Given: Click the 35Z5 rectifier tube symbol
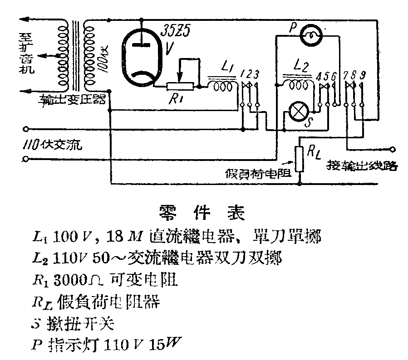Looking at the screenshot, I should [x=141, y=57].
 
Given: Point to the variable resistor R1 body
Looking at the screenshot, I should [x=180, y=87].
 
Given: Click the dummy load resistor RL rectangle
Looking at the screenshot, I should [x=299, y=159].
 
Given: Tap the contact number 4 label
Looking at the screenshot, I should [x=318, y=74].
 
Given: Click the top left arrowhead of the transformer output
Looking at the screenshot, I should [x=23, y=20].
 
